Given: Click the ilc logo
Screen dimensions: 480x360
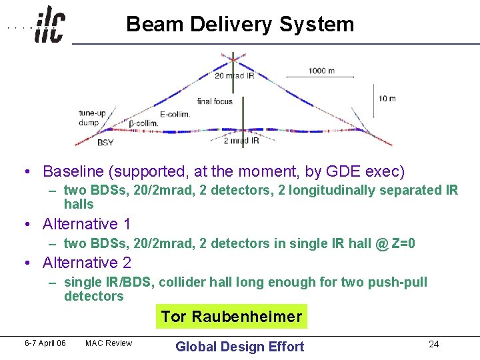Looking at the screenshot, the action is point(50,25).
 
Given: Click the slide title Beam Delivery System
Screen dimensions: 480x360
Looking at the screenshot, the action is point(240,25).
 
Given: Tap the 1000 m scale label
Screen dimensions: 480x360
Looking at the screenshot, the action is point(321,71).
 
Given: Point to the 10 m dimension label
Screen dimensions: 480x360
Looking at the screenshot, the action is point(387,98).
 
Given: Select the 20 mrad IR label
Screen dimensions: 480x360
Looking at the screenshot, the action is point(234,76).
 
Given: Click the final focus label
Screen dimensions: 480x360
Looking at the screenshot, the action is point(215,101).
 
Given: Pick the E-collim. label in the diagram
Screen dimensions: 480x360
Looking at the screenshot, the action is point(175,114).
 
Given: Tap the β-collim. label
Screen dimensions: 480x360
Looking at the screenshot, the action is point(143,123).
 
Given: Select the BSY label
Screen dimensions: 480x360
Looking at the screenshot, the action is point(105,142).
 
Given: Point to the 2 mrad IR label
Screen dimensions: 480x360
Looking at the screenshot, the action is point(241,140).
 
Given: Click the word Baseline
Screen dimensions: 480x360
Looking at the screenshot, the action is point(71,171).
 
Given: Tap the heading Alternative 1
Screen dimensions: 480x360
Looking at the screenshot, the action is point(87,224).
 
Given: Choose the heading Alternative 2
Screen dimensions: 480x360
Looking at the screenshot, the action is point(87,263).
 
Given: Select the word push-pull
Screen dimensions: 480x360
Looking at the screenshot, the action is point(397,282).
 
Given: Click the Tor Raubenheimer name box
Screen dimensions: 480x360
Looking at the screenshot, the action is point(231,317).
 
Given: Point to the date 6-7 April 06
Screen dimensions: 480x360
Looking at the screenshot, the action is point(45,343).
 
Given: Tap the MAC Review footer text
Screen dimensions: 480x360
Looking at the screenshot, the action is point(108,343).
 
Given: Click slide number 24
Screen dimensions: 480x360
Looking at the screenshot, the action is point(433,344).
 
